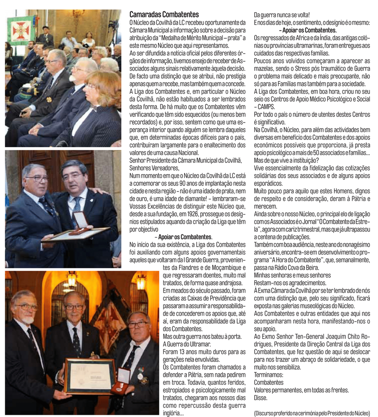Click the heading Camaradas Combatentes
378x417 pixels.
(x=164, y=15)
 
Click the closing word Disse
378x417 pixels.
(x=261, y=397)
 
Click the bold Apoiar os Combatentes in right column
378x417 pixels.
(x=309, y=30)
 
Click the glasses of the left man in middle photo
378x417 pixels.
(x=36, y=178)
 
